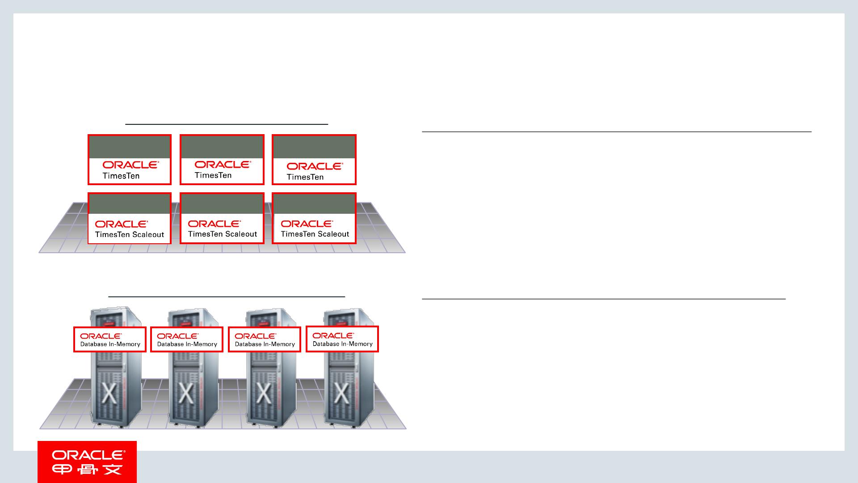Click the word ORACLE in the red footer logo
click(88, 455)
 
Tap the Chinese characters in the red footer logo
click(87, 470)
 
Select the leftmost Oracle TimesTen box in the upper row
click(130, 160)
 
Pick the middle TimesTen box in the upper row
click(222, 160)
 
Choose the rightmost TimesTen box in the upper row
click(314, 160)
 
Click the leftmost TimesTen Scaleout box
click(130, 218)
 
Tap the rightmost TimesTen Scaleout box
click(314, 218)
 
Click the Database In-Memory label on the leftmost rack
click(110, 339)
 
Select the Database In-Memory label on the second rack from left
click(187, 339)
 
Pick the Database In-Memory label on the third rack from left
click(265, 339)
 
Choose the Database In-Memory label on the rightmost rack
click(342, 339)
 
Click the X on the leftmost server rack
click(109, 394)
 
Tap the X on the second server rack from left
click(186, 394)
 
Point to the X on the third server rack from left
click(264, 394)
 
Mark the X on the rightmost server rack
click(341, 394)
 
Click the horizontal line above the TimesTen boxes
click(227, 124)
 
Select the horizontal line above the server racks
click(227, 296)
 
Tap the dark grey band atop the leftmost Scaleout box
click(130, 203)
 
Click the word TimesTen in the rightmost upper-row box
click(305, 177)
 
